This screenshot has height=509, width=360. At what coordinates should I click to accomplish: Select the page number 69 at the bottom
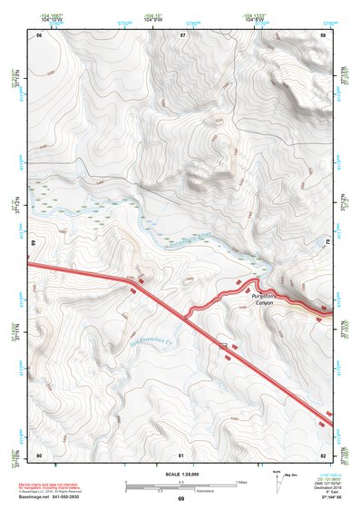coord(180,499)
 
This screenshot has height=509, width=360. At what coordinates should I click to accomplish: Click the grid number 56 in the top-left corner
coord(39,34)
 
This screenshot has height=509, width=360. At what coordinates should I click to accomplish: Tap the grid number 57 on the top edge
coord(182,34)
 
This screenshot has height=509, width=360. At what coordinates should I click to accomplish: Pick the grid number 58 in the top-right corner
coord(323,34)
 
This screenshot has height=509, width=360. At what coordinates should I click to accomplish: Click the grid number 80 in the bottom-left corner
coord(39,455)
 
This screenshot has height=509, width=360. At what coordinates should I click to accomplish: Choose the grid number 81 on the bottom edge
coord(181,455)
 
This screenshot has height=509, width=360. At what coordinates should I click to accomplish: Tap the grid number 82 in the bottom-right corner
coord(323,455)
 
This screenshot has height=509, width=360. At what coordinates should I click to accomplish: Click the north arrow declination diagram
coord(278,480)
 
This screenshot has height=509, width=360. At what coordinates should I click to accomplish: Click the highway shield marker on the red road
coord(222,347)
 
